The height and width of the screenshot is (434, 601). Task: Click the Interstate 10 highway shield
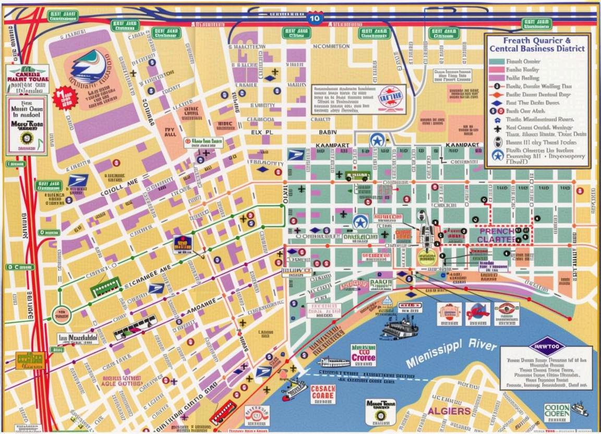coord(314,18)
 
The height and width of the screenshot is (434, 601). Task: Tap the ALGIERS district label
coord(449,411)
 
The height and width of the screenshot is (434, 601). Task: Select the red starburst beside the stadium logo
coord(66,97)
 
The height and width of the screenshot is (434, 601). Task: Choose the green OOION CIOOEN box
coord(557,412)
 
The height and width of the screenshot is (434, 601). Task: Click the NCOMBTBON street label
coord(330,46)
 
